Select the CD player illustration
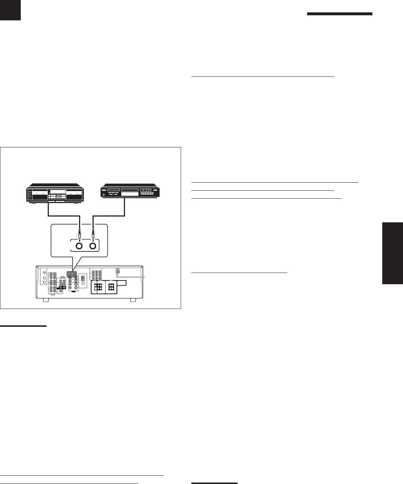[131, 193]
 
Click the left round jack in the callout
[79, 246]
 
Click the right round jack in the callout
[93, 246]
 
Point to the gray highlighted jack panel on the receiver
[72, 274]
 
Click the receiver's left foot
[46, 301]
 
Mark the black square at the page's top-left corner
[10, 10]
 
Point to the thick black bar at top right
[340, 14]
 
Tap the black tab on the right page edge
[393, 253]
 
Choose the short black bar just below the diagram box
[23, 326]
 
